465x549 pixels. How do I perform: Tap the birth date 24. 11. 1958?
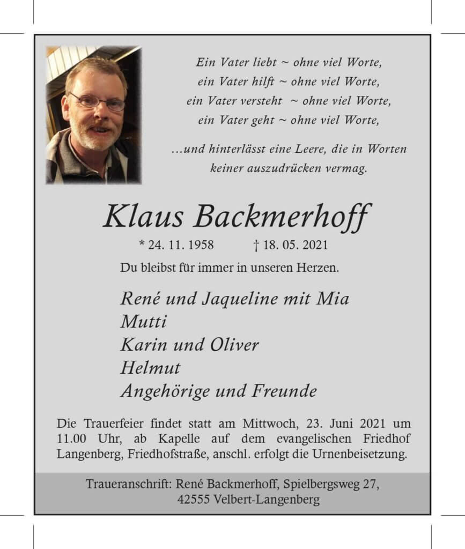click(x=181, y=246)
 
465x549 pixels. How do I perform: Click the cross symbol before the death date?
click(x=256, y=246)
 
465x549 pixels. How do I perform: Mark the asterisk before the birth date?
click(x=142, y=244)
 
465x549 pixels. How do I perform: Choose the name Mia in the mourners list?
click(x=335, y=298)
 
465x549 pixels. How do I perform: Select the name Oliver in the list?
click(x=234, y=345)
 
